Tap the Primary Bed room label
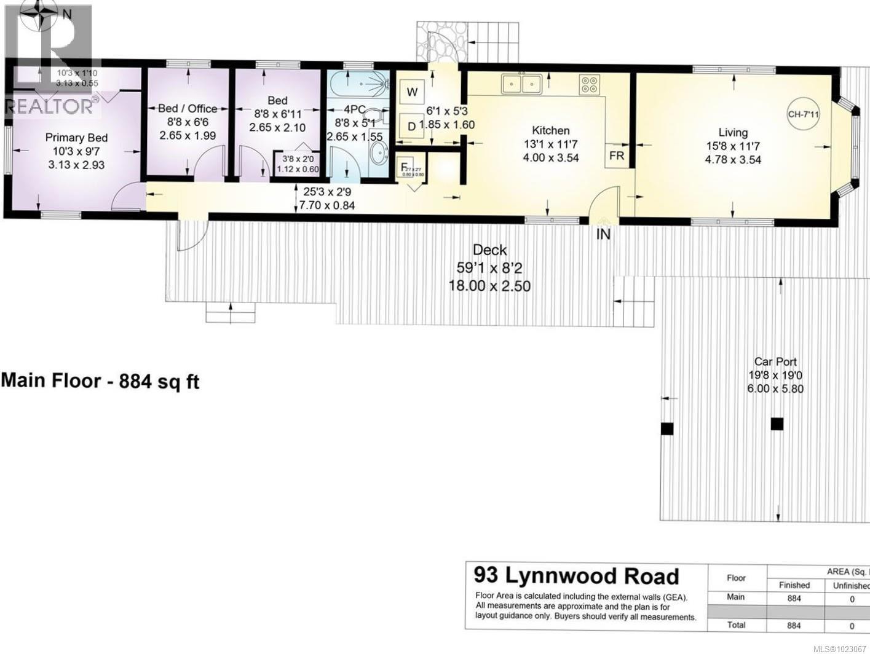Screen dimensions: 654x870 click(77, 138)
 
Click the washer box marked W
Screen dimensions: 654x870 click(413, 92)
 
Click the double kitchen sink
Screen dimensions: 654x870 click(521, 83)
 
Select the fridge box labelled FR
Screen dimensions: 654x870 click(617, 156)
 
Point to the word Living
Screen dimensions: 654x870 click(733, 132)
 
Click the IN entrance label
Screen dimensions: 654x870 click(603, 234)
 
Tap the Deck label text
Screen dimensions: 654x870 click(490, 250)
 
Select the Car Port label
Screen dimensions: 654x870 click(775, 362)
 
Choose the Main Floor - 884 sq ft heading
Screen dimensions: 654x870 click(100, 381)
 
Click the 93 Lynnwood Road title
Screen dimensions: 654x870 click(576, 576)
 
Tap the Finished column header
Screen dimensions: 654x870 click(794, 585)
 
